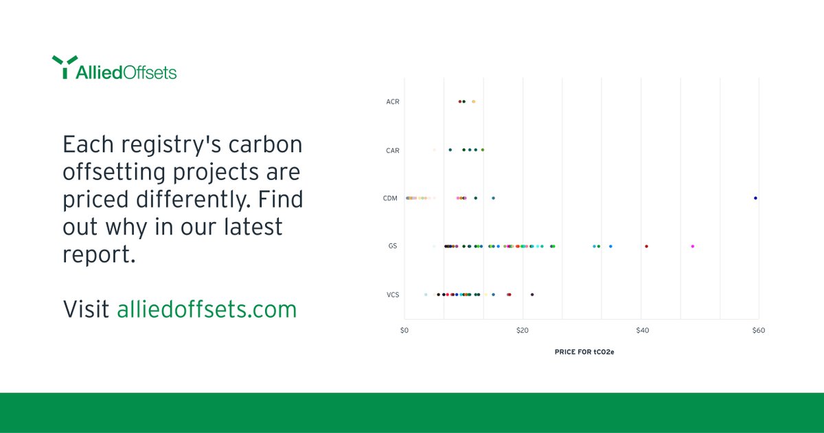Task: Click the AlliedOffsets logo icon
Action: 63,67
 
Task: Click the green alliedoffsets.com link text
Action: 207,309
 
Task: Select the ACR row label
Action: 393,102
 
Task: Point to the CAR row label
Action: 393,150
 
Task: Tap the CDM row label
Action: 391,198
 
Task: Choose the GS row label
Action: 393,246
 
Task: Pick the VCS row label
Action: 393,294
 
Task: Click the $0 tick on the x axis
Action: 404,331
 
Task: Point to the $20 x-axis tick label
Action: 523,331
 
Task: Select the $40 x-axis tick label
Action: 641,331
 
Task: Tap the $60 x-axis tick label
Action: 759,331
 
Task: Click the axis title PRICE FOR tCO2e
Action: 584,352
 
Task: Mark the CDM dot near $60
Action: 755,198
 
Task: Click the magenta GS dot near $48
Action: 692,246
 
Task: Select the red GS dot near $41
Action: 646,246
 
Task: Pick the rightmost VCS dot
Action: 532,294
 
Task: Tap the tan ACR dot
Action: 473,102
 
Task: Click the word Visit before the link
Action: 86,309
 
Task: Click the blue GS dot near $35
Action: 610,246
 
